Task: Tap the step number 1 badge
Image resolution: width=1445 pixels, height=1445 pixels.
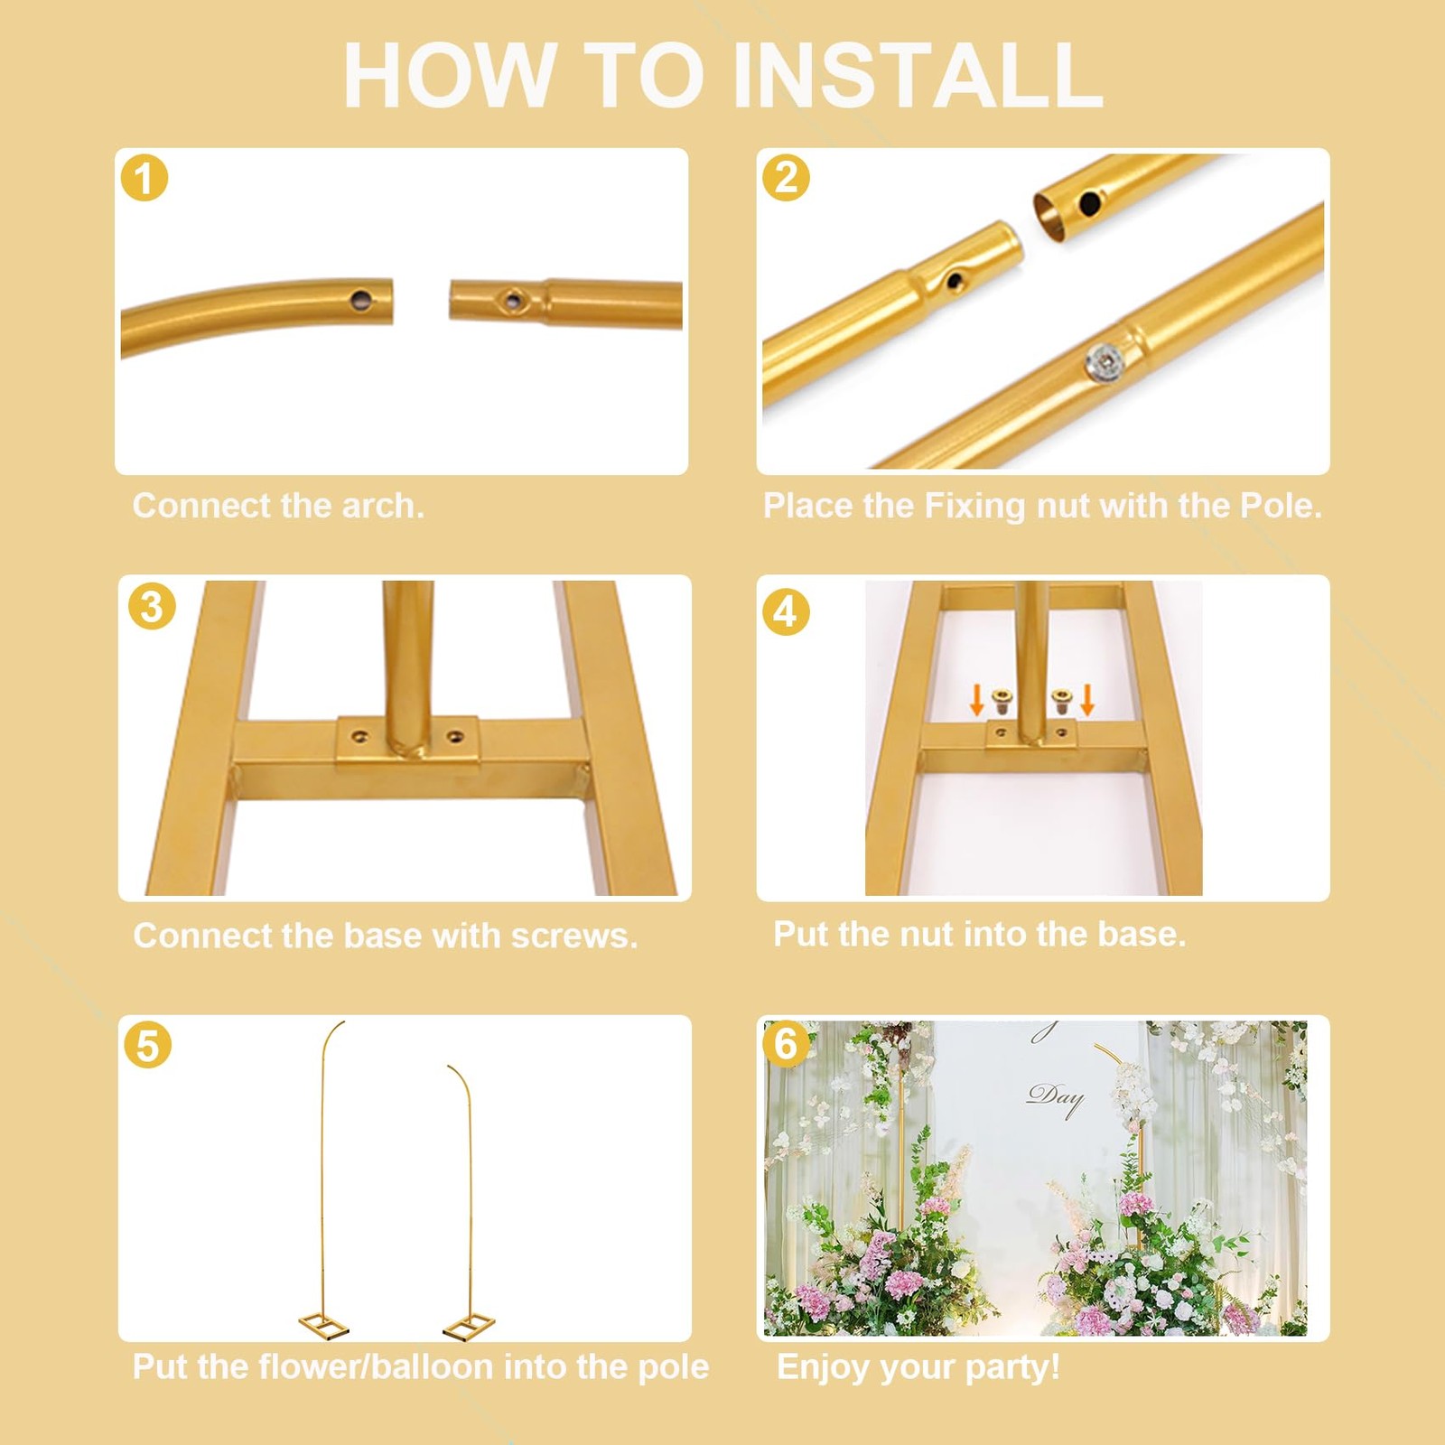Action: pos(144,177)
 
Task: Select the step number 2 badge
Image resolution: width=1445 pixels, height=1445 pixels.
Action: pos(786,177)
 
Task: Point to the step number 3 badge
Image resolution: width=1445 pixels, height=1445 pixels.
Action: pos(152,607)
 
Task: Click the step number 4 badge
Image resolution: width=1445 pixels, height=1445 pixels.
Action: pos(786,611)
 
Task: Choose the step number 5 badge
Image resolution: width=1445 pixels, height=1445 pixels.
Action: pos(147,1045)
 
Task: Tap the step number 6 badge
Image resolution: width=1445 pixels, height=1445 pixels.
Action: pos(786,1043)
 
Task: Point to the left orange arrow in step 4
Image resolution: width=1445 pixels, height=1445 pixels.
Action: pos(976,699)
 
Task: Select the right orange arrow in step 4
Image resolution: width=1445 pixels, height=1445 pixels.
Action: pos(1087,699)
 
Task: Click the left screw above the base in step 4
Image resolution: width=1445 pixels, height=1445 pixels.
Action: pos(1002,702)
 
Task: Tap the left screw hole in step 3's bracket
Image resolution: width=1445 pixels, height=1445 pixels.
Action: pos(360,737)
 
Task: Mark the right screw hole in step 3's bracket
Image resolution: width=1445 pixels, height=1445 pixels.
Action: pos(455,737)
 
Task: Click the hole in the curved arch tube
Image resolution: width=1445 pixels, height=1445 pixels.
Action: pos(361,297)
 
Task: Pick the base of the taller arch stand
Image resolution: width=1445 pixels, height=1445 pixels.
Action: pos(324,1326)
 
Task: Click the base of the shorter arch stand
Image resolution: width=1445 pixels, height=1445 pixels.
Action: pos(469,1326)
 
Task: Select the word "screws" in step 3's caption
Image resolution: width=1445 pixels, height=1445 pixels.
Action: pos(574,937)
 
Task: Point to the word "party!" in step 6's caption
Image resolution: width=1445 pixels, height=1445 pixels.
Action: pos(1013,1368)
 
